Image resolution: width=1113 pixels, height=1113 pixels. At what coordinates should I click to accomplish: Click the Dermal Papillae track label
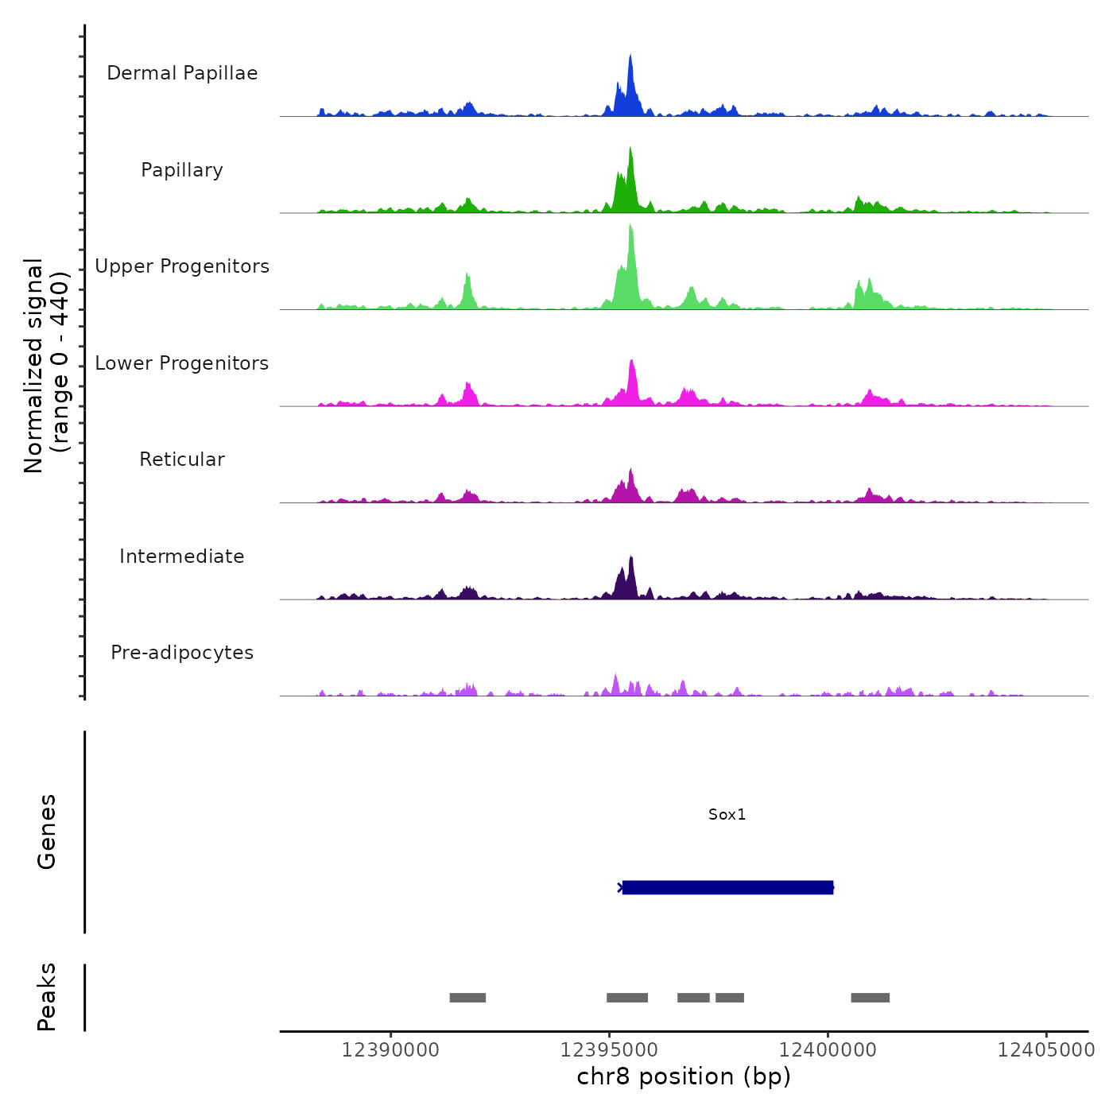(182, 73)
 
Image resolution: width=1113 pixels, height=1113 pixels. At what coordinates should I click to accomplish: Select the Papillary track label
(182, 170)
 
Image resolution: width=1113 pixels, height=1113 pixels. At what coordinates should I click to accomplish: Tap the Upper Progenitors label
(182, 266)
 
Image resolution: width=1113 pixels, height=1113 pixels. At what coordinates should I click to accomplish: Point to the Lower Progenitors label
(182, 363)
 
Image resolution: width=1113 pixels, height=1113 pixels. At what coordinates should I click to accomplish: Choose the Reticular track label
(182, 460)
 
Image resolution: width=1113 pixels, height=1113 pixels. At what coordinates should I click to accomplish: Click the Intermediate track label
(182, 556)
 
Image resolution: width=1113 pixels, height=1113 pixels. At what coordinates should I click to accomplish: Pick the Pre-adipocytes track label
(182, 653)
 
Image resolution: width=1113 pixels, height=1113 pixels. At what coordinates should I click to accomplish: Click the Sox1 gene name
(727, 815)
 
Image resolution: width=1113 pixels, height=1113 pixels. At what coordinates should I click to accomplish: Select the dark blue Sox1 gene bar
(727, 887)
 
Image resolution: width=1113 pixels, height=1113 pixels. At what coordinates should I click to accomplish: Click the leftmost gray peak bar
(467, 998)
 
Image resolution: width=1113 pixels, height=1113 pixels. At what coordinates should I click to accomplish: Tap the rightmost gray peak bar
(870, 998)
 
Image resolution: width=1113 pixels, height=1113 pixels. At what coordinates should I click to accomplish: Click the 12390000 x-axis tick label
(390, 1050)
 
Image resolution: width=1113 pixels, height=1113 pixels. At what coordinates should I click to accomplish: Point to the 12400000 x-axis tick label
(828, 1050)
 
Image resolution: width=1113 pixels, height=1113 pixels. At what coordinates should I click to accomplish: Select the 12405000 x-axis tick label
(1046, 1050)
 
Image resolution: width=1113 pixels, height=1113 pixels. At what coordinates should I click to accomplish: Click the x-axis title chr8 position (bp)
(684, 1077)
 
